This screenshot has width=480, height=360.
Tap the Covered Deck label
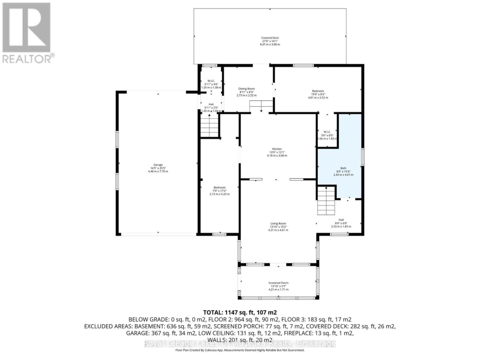(270, 38)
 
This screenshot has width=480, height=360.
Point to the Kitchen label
(277, 149)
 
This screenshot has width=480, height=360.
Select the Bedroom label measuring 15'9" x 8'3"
(318, 91)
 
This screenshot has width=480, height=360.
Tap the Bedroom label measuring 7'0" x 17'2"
(220, 188)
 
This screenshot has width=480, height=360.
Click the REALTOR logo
(27, 33)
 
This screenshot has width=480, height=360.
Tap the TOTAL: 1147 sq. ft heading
(240, 312)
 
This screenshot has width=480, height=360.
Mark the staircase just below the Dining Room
(261, 106)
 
